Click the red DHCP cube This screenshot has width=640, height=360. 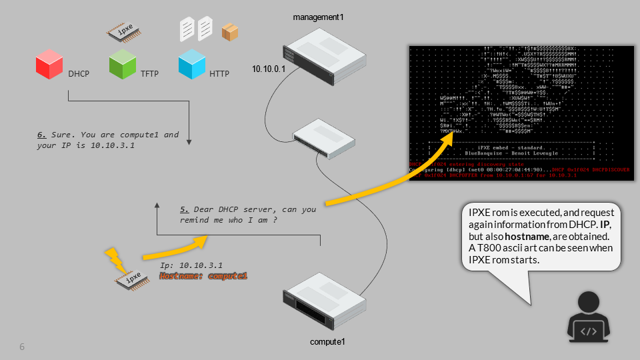pos(49,65)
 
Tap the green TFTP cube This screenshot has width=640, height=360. pos(123,65)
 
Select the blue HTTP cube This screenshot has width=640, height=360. pos(191,65)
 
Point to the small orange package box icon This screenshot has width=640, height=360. pos(230,31)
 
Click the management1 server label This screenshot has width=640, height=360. pos(318,16)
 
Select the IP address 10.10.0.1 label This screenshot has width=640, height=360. pos(268,69)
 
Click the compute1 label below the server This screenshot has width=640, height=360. pos(327,342)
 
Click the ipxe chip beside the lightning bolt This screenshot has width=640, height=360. pos(134,277)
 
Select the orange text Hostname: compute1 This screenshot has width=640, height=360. pos(203,275)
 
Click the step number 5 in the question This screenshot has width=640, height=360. pos(183,209)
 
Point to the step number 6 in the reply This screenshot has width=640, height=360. pos(40,135)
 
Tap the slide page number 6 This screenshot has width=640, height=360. pos(22,347)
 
